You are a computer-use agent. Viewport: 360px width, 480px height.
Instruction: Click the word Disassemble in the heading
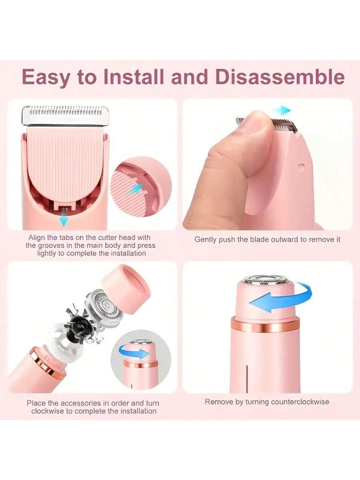pos(280,77)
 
